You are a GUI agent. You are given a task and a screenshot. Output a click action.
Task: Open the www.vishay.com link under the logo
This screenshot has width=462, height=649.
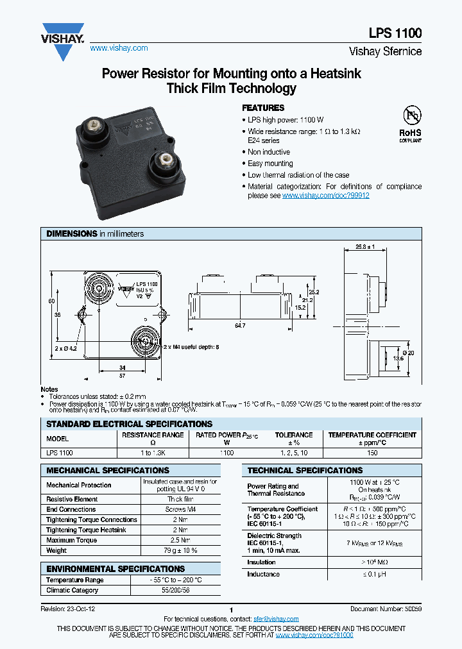tap(119, 48)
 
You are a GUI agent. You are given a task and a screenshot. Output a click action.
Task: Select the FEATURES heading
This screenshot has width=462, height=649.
tap(262, 108)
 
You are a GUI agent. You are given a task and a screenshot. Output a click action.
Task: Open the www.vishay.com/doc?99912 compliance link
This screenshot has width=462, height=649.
tap(325, 196)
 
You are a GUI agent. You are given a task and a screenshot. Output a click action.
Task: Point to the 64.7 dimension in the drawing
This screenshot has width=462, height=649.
tap(240, 326)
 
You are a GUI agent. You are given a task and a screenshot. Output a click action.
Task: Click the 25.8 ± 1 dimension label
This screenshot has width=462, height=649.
tap(364, 247)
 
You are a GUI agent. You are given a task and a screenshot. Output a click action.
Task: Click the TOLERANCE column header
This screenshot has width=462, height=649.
tap(294, 435)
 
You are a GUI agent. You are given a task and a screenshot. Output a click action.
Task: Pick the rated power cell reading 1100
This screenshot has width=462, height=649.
tap(227, 452)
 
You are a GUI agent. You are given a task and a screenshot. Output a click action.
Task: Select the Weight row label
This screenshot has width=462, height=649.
tap(56, 550)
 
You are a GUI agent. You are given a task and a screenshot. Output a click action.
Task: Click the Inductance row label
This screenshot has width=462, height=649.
tap(263, 574)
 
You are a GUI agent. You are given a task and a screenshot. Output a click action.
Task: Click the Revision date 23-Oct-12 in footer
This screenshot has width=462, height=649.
tap(68, 608)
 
